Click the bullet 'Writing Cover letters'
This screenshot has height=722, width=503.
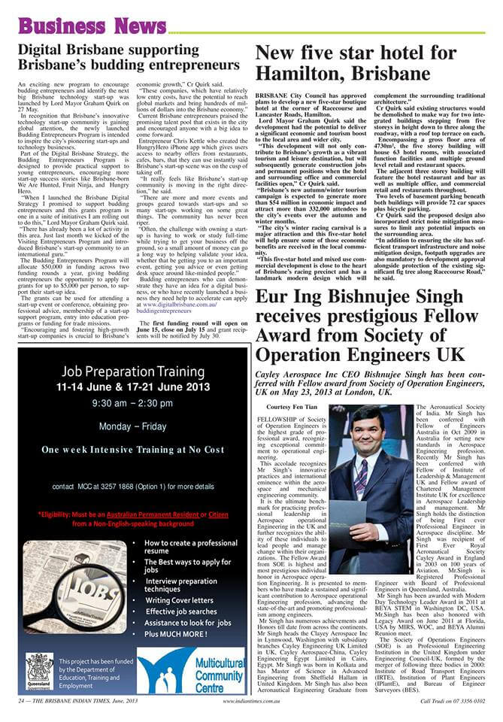(179, 600)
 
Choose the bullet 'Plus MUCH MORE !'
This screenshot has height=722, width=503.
(174, 634)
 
